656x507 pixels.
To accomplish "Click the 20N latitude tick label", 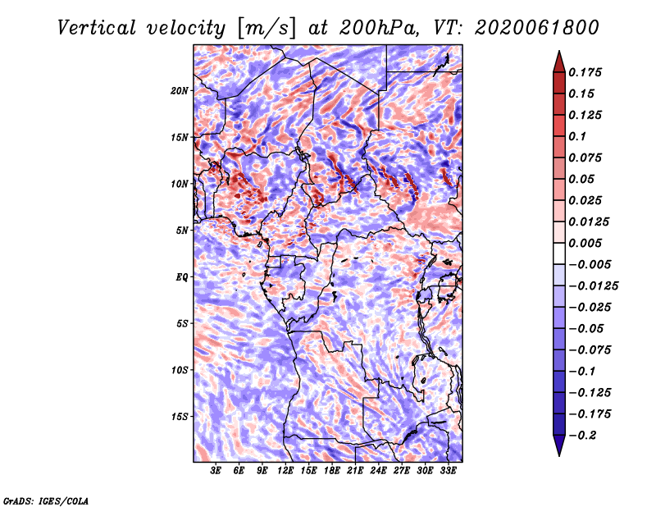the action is click(x=180, y=91).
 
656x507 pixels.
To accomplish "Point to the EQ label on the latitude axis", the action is click(x=181, y=277).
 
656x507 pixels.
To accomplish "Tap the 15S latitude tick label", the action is click(x=180, y=417).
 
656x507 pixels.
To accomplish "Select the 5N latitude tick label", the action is click(x=182, y=231).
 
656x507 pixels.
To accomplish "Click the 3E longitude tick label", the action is click(x=216, y=471).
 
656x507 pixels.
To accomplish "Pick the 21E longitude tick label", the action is click(x=355, y=471).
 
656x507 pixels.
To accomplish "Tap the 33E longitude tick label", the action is click(x=448, y=471).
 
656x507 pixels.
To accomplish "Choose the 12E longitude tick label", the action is click(x=285, y=471).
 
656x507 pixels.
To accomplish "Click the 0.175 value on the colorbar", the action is click(x=585, y=72).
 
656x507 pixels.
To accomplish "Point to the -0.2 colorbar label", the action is click(x=582, y=436).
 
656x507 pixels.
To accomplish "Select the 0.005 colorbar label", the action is click(x=585, y=243).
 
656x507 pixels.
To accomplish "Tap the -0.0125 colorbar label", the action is click(x=594, y=286).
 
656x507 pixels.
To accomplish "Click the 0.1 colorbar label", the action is click(x=577, y=136).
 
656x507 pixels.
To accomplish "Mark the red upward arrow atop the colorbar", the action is click(x=559, y=62).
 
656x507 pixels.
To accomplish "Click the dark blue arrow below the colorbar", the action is click(x=559, y=445).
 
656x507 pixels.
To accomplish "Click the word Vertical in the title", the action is click(x=97, y=28).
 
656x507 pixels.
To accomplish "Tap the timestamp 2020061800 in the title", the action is click(x=537, y=28).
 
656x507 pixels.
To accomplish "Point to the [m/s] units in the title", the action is click(x=266, y=28).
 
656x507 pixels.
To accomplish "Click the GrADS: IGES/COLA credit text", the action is click(x=46, y=500).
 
